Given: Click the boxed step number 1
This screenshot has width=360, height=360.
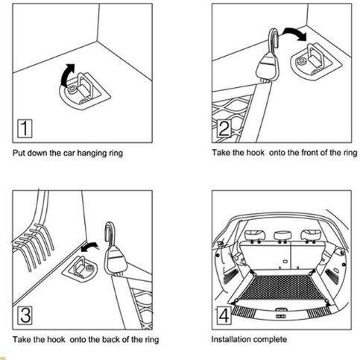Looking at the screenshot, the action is (25, 128).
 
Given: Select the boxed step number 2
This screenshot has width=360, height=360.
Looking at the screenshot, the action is (224, 128).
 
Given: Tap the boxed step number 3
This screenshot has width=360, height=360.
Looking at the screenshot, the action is (25, 315).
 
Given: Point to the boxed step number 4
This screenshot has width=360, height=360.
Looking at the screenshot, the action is (224, 315).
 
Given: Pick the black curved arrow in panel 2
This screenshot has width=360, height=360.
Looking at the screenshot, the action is (296, 33).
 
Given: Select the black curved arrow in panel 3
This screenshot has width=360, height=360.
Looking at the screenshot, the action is (89, 247).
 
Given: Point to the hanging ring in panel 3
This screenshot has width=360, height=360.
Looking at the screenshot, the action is (80, 267).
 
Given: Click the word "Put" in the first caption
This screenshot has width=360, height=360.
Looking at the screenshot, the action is (19, 153).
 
